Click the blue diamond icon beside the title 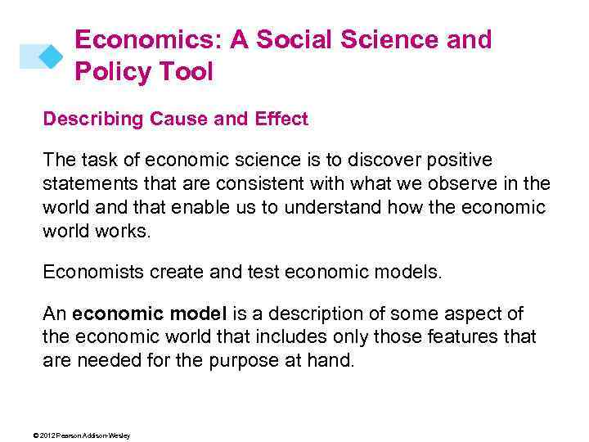(x=51, y=56)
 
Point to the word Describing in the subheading (x=93, y=120)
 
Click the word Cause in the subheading (x=174, y=120)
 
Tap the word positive (x=470, y=160)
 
